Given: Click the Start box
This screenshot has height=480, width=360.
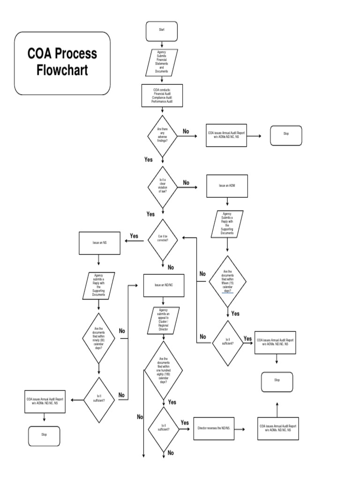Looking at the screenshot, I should point(161,30).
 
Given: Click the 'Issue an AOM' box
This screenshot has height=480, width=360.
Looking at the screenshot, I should point(227,186).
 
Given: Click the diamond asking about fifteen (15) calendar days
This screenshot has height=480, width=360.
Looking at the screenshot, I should point(227,281).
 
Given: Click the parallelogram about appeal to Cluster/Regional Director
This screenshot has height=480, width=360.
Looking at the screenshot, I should point(163,320).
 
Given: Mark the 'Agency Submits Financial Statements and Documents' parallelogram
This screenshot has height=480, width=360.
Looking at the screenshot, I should point(161,62).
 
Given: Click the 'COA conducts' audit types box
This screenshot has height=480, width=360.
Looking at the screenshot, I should point(162,96).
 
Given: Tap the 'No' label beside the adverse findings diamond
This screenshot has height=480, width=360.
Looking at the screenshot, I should point(186,132).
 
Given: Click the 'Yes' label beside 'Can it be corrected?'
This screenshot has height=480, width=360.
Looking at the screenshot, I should point(134,236).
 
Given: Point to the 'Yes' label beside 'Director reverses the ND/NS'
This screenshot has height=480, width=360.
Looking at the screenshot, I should point(185,422).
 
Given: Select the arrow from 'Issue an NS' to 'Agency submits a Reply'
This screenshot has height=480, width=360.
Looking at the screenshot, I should point(99,260).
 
